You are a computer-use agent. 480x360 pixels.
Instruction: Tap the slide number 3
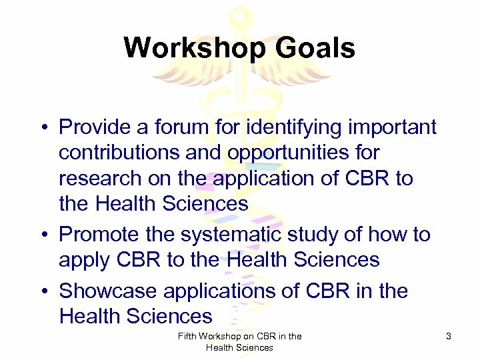click(x=449, y=337)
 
